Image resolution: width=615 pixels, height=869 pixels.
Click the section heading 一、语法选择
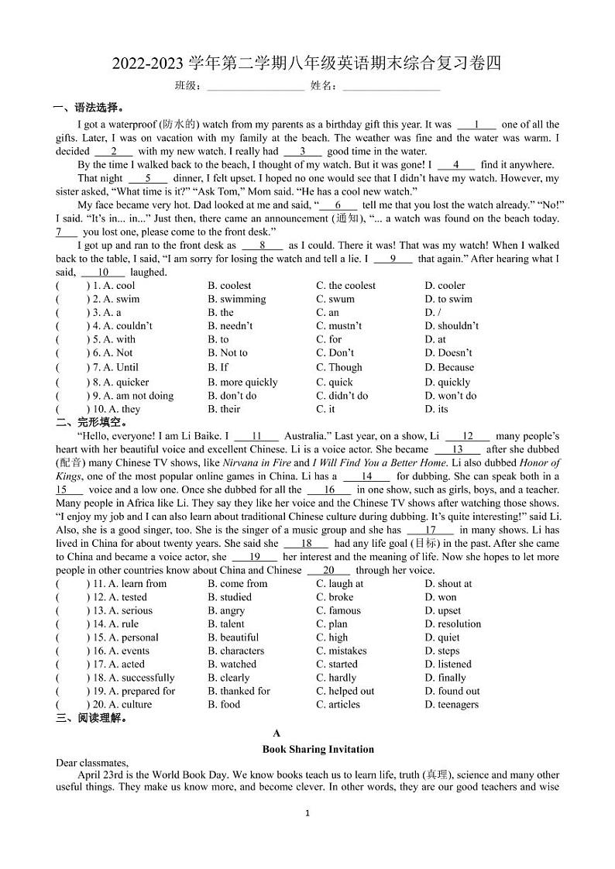coord(88,108)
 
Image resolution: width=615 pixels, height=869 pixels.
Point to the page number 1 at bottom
coord(307,813)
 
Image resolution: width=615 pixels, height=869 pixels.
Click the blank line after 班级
coord(255,86)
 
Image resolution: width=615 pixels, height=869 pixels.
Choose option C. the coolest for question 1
coord(345,286)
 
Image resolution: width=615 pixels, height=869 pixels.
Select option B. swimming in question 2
coord(236,299)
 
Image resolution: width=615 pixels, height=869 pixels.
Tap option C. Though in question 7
coord(338,368)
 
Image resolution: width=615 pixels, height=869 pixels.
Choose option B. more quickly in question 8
coord(242,382)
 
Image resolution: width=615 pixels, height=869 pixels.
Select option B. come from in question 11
coord(237,584)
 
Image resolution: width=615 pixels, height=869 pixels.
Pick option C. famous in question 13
coord(338,611)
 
